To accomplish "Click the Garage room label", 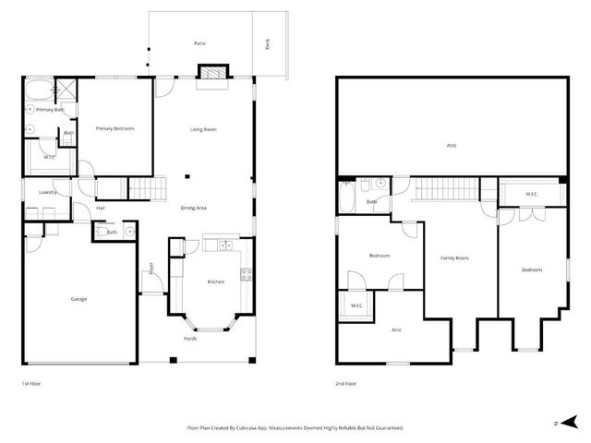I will point(78,298).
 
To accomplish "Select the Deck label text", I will point(268,42).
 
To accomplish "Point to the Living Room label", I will point(203,129).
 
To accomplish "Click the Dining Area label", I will point(193,208).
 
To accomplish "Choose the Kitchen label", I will point(215,281).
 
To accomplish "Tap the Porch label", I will point(189,337).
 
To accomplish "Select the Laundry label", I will point(49,192).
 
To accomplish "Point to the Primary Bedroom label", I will point(115,128).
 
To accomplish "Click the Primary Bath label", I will point(50,110).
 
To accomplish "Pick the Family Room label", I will point(454,257).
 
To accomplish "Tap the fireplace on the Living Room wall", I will point(213,73).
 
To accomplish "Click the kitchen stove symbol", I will point(246,273).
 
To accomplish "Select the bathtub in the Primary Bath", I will point(40,91).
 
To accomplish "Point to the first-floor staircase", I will point(144,187).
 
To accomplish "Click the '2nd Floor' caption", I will point(347,382).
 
